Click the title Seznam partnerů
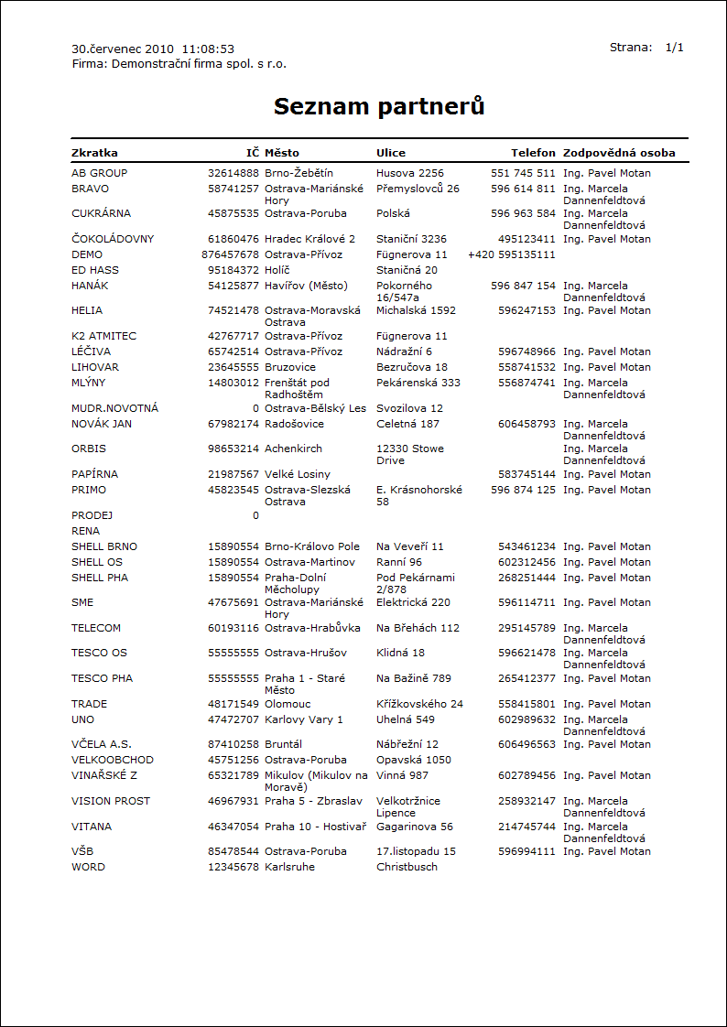coord(379,106)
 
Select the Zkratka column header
coord(94,153)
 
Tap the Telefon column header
coord(533,153)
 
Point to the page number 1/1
coord(675,48)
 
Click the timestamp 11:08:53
coord(208,49)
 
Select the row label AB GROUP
coord(100,173)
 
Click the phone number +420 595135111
coord(512,254)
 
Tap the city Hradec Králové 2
coord(309,239)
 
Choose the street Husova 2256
coord(410,173)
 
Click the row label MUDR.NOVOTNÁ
coord(114,408)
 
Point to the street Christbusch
coord(407,867)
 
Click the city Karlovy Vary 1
coord(304,719)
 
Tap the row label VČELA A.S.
coord(102,744)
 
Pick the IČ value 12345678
coord(233,867)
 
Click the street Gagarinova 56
coord(415,827)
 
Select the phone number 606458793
coord(526,424)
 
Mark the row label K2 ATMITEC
coord(103,336)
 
